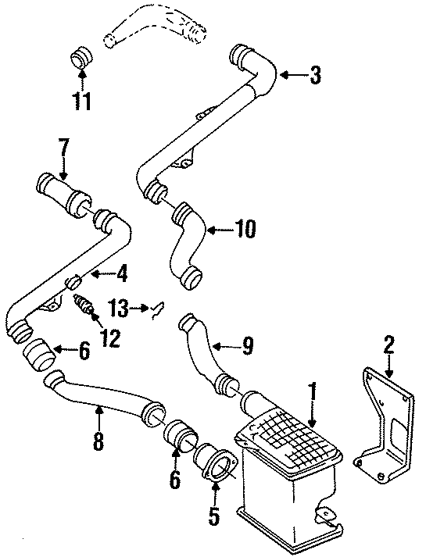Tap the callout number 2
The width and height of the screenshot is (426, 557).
click(388, 345)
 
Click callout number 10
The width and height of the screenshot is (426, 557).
click(244, 230)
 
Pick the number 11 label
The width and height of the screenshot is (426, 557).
click(82, 100)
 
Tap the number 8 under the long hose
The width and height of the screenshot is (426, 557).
click(98, 441)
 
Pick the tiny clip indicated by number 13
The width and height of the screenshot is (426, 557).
click(157, 309)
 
